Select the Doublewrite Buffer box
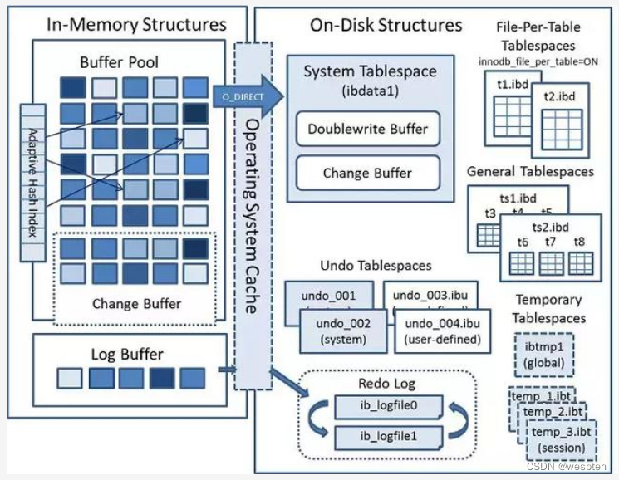point(368,129)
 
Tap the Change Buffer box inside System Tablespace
point(368,174)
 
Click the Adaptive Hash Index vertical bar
point(32,169)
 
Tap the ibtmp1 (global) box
point(543,355)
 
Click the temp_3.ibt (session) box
point(561,439)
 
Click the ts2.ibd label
point(550,227)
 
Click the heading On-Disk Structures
point(386,24)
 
